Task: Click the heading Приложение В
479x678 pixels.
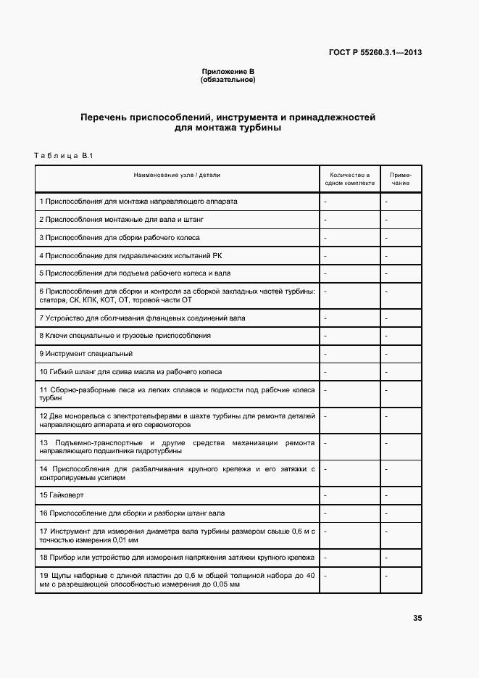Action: [228, 72]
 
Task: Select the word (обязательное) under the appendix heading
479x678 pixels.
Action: [228, 79]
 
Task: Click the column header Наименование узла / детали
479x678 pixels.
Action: [177, 175]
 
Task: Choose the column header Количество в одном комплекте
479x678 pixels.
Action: [350, 179]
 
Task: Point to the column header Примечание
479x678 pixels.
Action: [400, 179]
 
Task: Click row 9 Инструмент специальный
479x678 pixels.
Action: [86, 353]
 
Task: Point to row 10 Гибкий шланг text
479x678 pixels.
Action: [130, 372]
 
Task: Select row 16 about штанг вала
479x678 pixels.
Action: [132, 513]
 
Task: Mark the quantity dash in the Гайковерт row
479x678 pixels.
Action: [325, 495]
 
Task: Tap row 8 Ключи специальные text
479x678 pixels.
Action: [125, 335]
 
